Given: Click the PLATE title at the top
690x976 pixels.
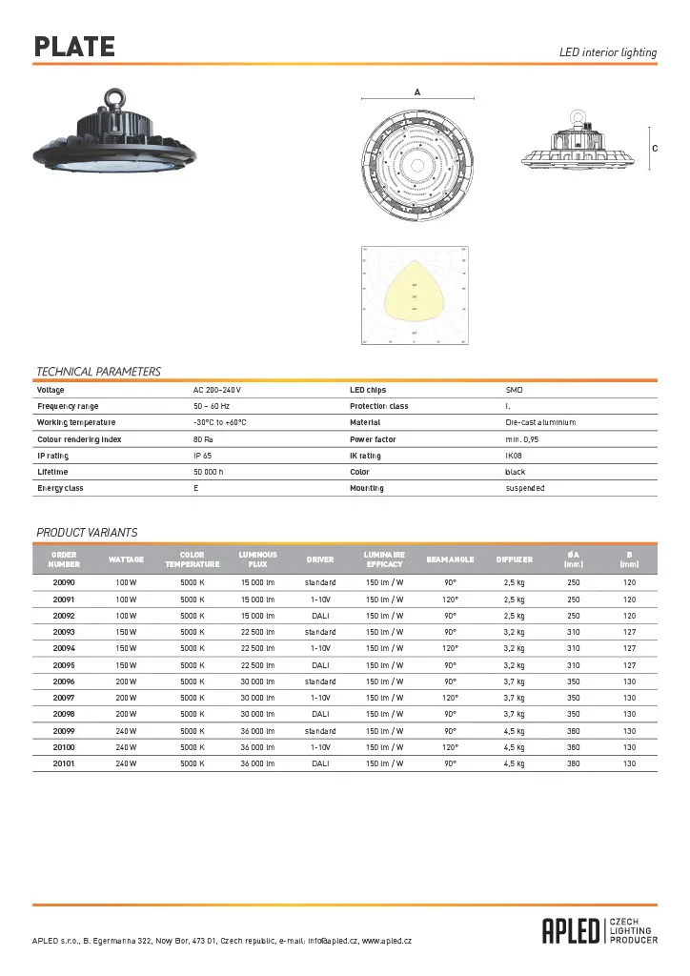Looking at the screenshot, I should pos(74,47).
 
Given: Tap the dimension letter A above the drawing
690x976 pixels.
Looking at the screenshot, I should pos(417,91).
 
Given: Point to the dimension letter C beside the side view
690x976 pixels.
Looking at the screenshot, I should pos(655,149).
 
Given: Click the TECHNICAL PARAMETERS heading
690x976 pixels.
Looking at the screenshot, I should pos(98,372).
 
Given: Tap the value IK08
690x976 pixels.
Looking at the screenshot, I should pos(514,456).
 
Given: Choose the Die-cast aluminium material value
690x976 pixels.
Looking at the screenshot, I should pos(540,422).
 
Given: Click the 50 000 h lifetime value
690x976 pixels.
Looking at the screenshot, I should pos(208,472).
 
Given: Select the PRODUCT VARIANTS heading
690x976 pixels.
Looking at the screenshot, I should pos(87,532).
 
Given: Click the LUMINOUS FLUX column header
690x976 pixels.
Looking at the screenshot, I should pos(257,559).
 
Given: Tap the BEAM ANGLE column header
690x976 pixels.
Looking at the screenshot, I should pos(450,559).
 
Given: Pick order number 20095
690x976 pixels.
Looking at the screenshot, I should pos(64,664).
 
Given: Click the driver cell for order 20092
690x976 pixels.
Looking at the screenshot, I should pos(320,615).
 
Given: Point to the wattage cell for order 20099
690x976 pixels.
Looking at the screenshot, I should pos(126,730).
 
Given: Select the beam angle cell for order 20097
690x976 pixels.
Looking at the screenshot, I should pos(450,698).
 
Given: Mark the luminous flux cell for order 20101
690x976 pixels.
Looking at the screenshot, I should pos(257,763).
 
